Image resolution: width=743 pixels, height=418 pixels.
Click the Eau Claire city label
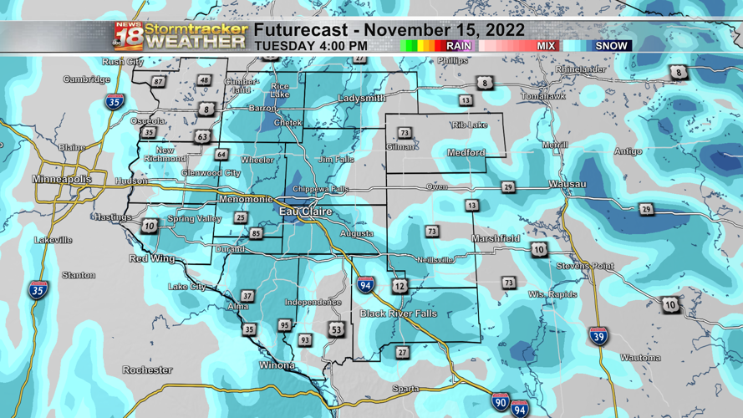pyautogui.click(x=305, y=212)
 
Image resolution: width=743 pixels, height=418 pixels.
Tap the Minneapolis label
pyautogui.click(x=62, y=180)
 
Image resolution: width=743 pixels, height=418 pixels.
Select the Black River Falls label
pyautogui.click(x=398, y=313)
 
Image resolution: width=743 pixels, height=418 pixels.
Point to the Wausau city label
pyautogui.click(x=567, y=184)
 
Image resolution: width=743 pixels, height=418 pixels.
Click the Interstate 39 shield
pyautogui.click(x=598, y=337)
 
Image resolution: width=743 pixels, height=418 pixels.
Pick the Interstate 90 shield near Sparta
pyautogui.click(x=500, y=401)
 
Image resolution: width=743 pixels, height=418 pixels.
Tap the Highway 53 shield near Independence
pyautogui.click(x=336, y=329)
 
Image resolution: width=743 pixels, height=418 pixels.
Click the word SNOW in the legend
pyautogui.click(x=612, y=46)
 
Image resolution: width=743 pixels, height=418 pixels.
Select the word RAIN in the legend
pyautogui.click(x=458, y=46)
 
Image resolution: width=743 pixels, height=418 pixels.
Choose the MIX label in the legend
pyautogui.click(x=546, y=46)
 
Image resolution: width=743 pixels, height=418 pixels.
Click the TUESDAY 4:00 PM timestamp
pyautogui.click(x=311, y=46)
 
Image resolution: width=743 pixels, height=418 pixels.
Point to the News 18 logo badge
pyautogui.click(x=128, y=36)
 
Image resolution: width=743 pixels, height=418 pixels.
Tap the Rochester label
pyautogui.click(x=147, y=370)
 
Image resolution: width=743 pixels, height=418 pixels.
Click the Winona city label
pyautogui.click(x=275, y=365)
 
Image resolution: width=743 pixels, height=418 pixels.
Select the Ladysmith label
pyautogui.click(x=362, y=99)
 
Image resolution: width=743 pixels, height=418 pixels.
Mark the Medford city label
pyautogui.click(x=466, y=153)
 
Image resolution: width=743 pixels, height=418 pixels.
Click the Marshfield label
pyautogui.click(x=496, y=239)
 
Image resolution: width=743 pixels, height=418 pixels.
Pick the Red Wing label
pyautogui.click(x=151, y=259)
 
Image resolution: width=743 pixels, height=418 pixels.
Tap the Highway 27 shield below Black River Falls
pyautogui.click(x=402, y=352)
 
